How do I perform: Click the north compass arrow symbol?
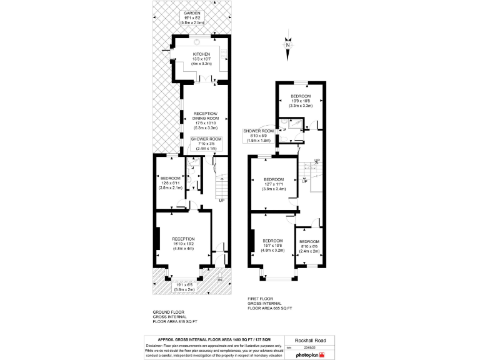pos(287,44)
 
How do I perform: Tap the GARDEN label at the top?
pos(191,17)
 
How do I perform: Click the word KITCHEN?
pos(201,54)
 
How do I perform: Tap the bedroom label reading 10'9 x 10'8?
pos(300,101)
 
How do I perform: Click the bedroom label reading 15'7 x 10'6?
pos(273,246)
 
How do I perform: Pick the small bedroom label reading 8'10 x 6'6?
pos(309,246)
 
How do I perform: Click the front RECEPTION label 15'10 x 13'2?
pos(183,243)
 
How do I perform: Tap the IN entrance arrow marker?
pos(219,279)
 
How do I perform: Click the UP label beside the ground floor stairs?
pos(221,200)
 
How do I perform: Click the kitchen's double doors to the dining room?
pos(206,80)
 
